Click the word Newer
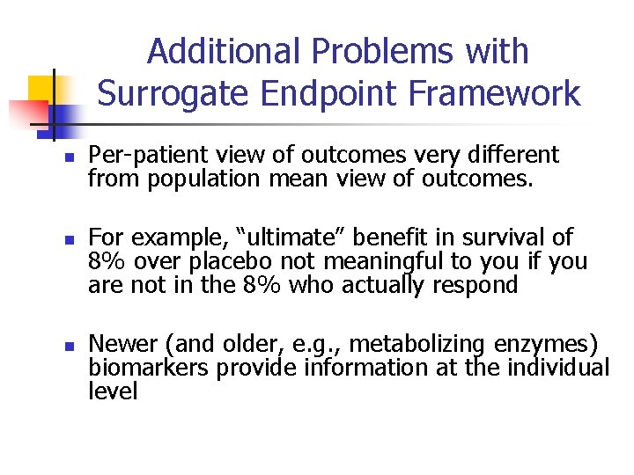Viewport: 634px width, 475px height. (x=122, y=343)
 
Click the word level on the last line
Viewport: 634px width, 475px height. (x=113, y=391)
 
